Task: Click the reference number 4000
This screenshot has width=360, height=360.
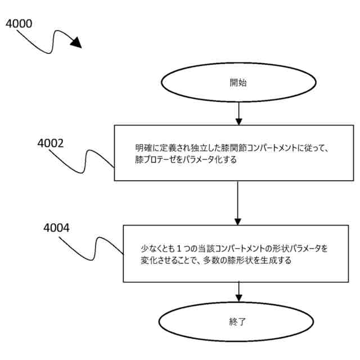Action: pyautogui.click(x=19, y=24)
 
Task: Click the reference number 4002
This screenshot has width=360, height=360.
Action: pyautogui.click(x=50, y=143)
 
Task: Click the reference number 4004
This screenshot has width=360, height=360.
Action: pyautogui.click(x=57, y=228)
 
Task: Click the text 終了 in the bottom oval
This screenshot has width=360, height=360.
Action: pyautogui.click(x=238, y=322)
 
